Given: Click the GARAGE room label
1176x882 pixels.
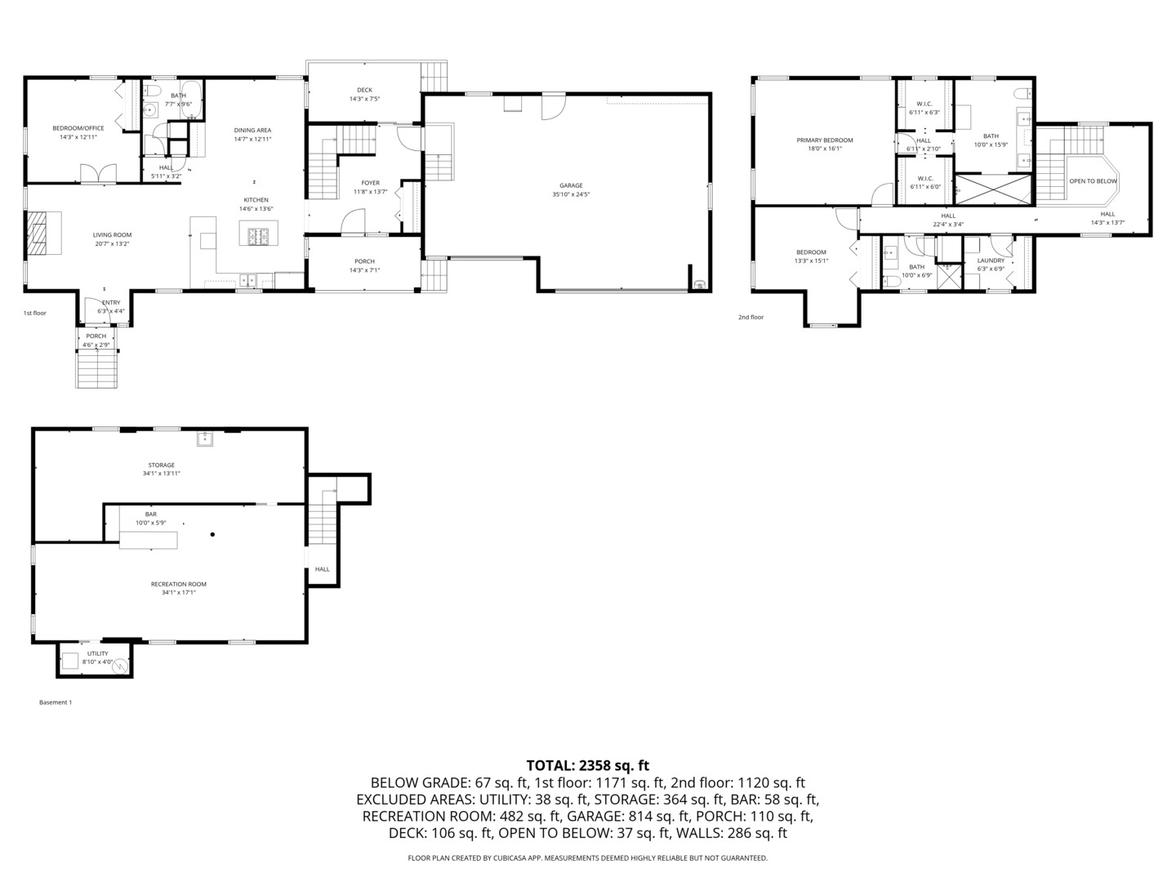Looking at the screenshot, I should tap(571, 185).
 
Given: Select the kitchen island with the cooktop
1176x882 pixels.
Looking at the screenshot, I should tap(259, 237).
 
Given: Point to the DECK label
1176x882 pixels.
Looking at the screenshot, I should tap(364, 90).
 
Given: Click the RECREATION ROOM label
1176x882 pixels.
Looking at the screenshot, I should tap(178, 584).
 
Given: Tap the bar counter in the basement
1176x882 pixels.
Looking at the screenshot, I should tap(149, 540).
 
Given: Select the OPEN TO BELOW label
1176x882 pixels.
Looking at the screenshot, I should tap(1093, 181).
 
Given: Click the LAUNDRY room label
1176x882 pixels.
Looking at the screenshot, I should tap(991, 261).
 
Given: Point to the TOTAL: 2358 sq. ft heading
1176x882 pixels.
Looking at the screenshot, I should tap(587, 765).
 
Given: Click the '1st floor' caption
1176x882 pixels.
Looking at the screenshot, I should tap(35, 313).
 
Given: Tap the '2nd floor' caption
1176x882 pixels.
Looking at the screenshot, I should tap(751, 317).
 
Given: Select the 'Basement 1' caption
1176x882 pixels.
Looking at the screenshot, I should tap(56, 702).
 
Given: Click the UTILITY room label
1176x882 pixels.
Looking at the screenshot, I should tap(97, 653).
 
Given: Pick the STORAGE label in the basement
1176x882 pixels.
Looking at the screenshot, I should tap(161, 465).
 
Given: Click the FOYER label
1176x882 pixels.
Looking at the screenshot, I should tap(371, 183).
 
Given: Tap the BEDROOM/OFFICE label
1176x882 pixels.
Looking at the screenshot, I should tap(78, 128).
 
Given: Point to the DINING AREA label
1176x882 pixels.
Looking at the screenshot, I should tap(252, 130).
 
